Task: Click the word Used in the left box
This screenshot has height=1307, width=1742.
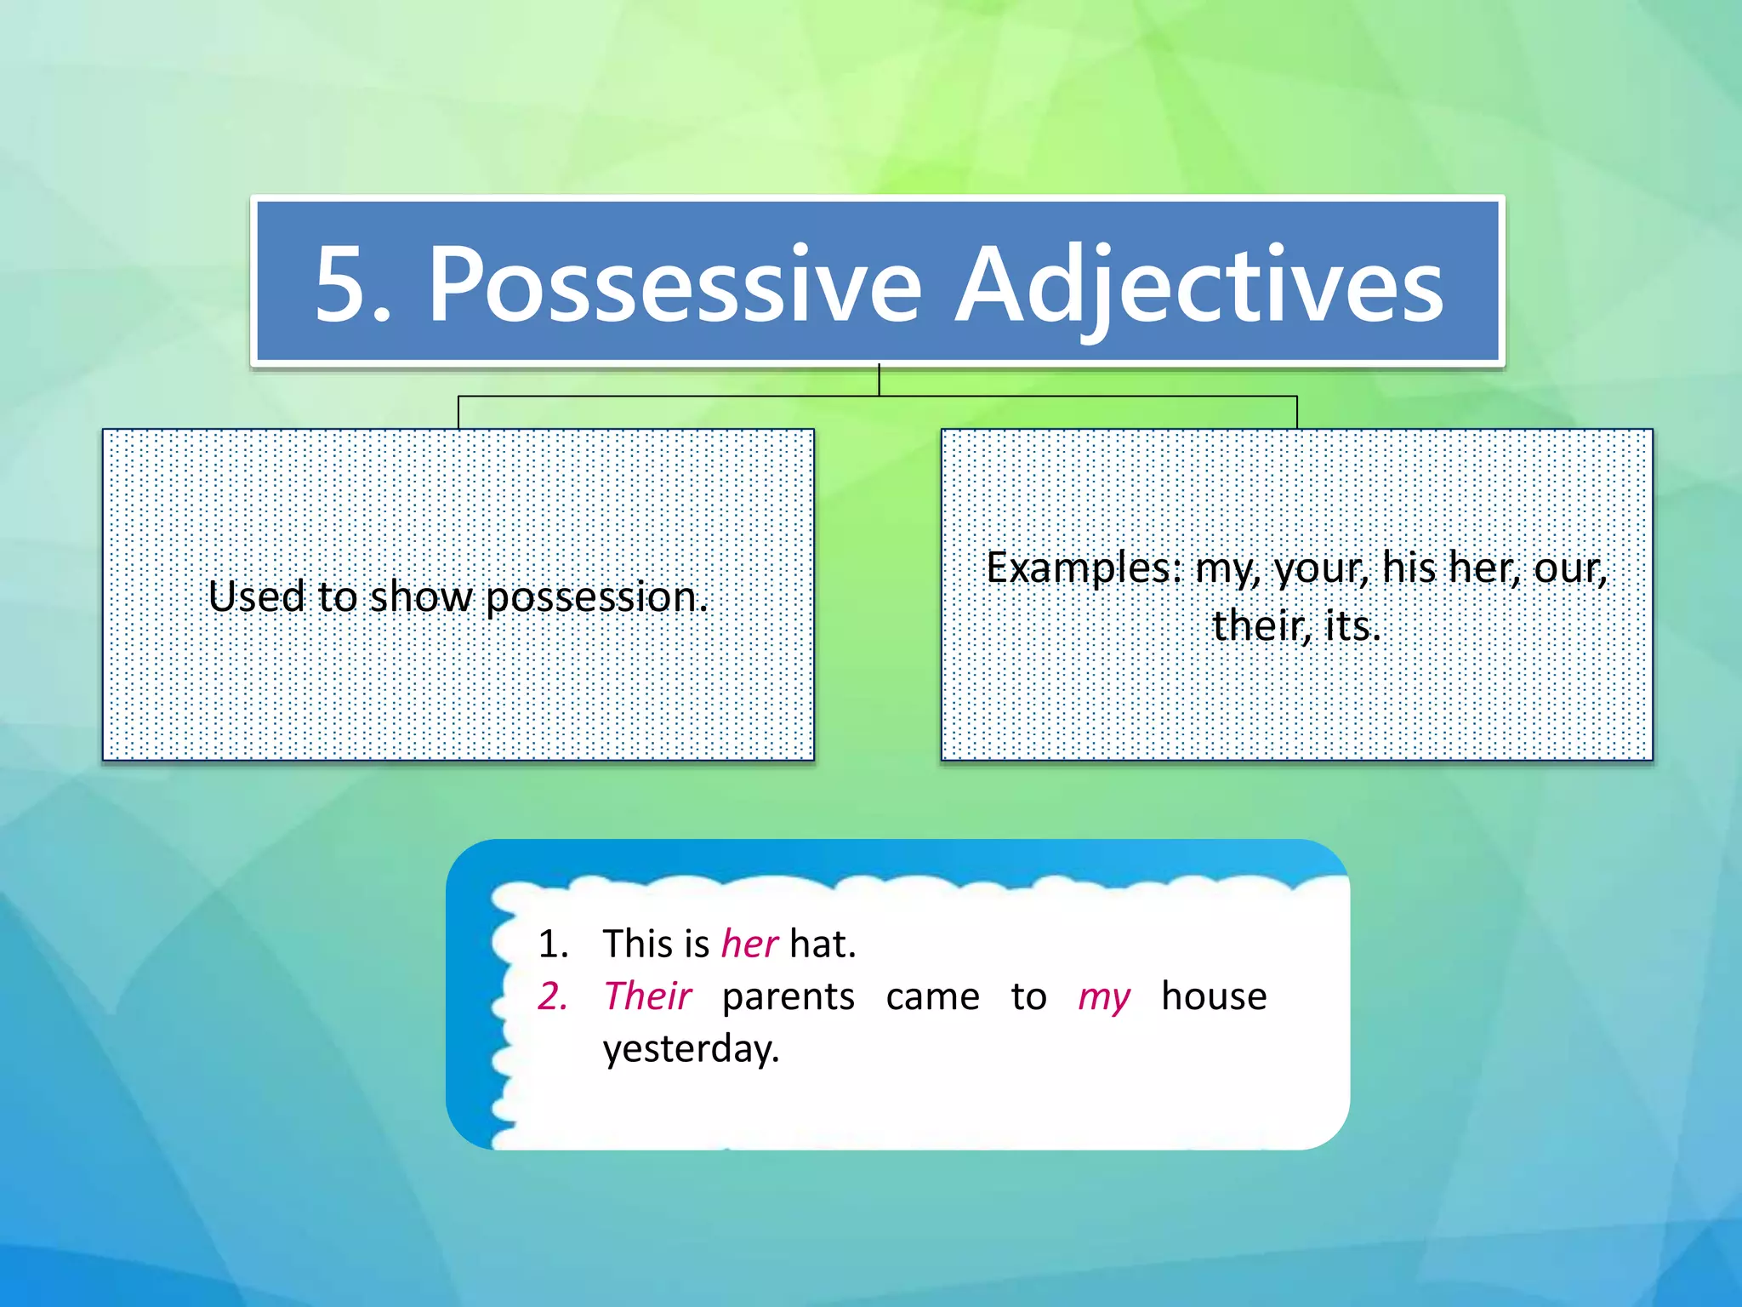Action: click(256, 596)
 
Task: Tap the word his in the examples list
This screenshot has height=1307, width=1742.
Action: click(1409, 568)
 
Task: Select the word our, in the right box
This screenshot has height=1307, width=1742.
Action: click(1570, 568)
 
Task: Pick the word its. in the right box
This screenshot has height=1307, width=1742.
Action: click(1352, 626)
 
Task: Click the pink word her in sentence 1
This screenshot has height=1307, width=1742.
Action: click(749, 944)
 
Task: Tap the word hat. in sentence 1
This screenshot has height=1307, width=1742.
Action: click(823, 944)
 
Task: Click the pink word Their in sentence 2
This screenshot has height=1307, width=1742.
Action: click(647, 996)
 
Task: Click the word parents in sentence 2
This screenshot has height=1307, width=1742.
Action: click(788, 996)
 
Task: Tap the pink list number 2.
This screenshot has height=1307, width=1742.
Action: click(552, 996)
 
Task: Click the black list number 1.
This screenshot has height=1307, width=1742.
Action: click(552, 944)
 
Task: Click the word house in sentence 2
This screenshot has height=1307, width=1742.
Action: click(1214, 996)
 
